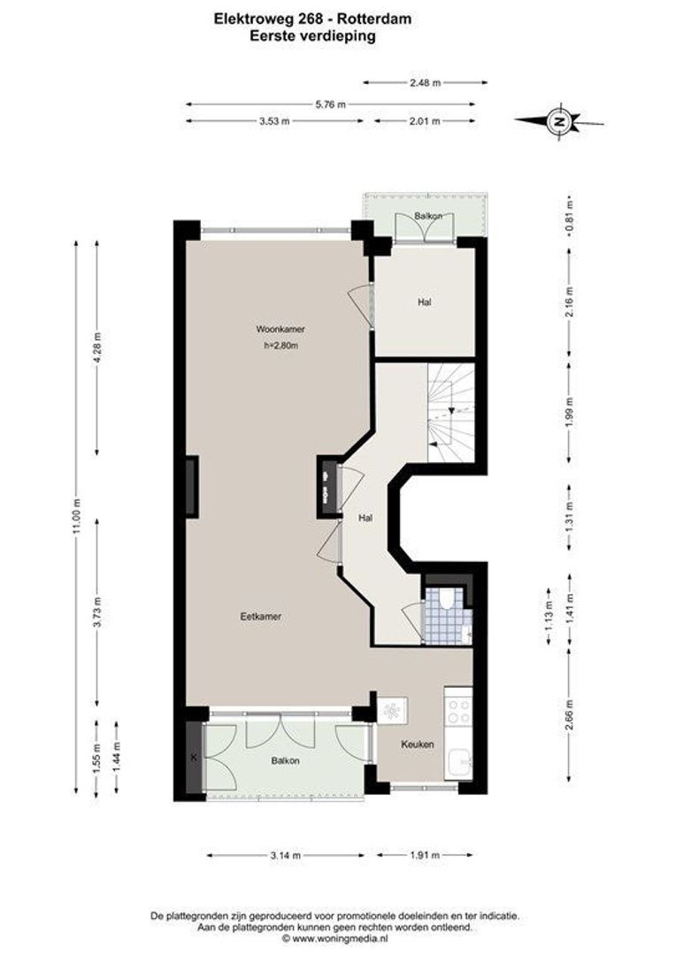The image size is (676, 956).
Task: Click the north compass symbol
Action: pos(558,121)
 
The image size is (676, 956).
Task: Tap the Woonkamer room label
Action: pos(280,329)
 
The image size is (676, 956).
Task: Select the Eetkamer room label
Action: pos(260,616)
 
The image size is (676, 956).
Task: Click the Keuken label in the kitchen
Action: pos(417,744)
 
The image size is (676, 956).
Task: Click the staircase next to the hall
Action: pos(450,412)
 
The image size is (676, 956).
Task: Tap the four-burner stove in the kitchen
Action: pos(458,708)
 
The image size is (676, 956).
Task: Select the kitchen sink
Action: pos(458,761)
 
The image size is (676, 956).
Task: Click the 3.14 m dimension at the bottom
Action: pos(286,855)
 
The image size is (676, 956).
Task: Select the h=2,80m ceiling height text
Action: pos(280,346)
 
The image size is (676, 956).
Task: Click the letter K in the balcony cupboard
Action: pos(194,758)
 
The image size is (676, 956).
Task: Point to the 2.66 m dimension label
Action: pos(569,713)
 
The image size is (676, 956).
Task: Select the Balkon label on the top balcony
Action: pos(428,216)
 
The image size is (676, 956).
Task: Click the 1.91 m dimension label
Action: pos(422,855)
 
